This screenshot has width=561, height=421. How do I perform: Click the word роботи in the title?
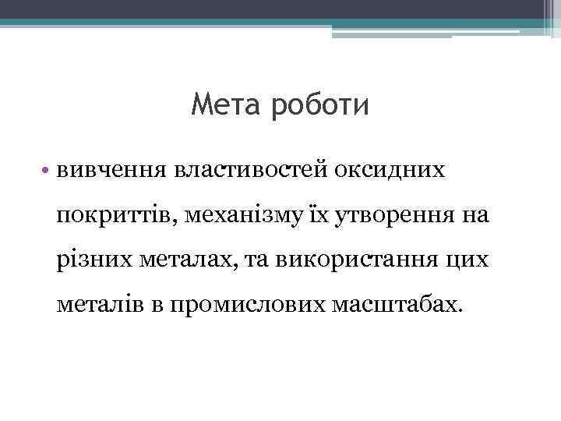(x=319, y=104)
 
